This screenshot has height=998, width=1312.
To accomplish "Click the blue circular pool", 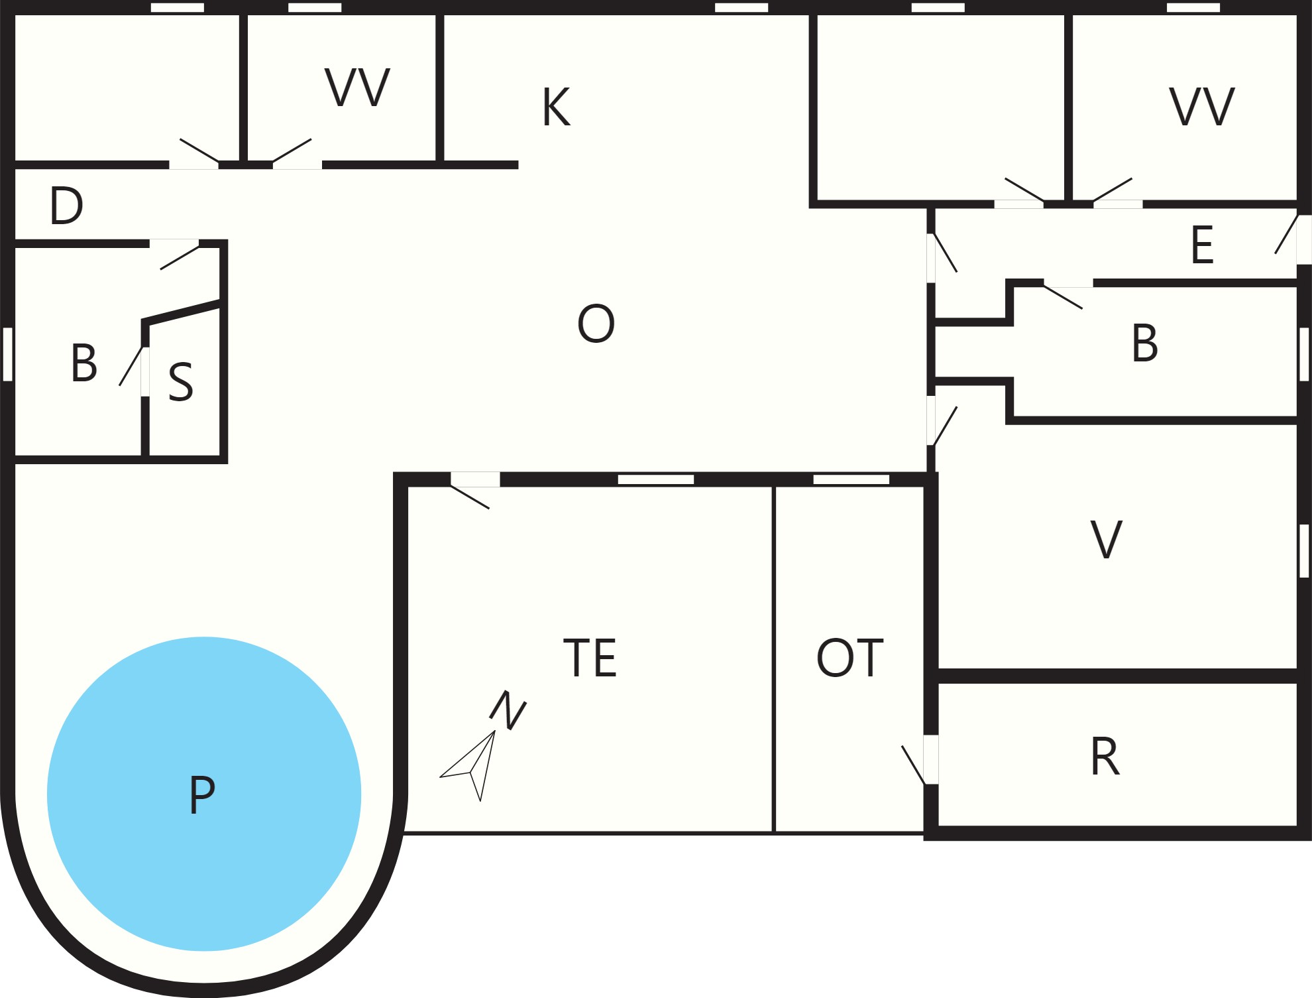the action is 204,794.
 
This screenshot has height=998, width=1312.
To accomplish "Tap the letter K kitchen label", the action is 556,107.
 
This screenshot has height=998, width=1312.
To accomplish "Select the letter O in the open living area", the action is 596,324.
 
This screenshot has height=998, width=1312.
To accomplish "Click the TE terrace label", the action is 590,658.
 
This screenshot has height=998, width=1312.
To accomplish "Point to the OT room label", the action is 850,658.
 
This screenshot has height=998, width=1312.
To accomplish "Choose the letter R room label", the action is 1105,757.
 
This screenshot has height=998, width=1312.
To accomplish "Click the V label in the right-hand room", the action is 1106,540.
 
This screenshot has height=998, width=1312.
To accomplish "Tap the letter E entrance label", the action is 1202,245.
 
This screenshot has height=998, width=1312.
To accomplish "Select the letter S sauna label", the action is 181,382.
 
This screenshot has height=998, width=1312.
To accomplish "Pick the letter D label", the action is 66,205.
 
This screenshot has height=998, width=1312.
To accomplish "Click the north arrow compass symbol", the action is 468,766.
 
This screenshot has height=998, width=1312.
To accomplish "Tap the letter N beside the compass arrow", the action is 508,710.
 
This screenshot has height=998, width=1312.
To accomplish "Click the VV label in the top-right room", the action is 1202,106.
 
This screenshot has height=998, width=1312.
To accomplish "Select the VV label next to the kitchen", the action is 357,87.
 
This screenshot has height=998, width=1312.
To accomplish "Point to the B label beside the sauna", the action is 84,363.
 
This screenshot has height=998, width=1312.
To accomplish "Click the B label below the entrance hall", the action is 1145,343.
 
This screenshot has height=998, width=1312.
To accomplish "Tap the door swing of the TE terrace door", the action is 470,497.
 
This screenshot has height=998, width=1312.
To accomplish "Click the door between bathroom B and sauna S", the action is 131,366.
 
